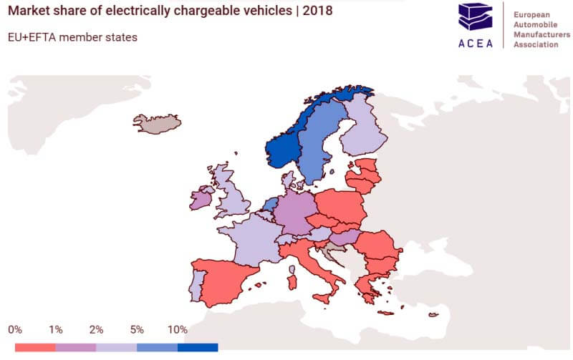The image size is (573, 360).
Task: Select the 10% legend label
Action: (x=177, y=330)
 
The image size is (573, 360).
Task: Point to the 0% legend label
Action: (x=15, y=330)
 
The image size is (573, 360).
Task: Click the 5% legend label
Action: (x=137, y=330)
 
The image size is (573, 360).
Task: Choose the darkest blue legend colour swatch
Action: (x=198, y=347)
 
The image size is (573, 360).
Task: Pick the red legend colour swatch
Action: (x=35, y=347)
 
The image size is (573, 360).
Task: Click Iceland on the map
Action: (x=158, y=123)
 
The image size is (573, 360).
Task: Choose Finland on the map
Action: (x=364, y=129)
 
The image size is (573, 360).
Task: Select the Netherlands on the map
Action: (x=270, y=205)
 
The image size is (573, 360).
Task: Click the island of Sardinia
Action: (x=292, y=278)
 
